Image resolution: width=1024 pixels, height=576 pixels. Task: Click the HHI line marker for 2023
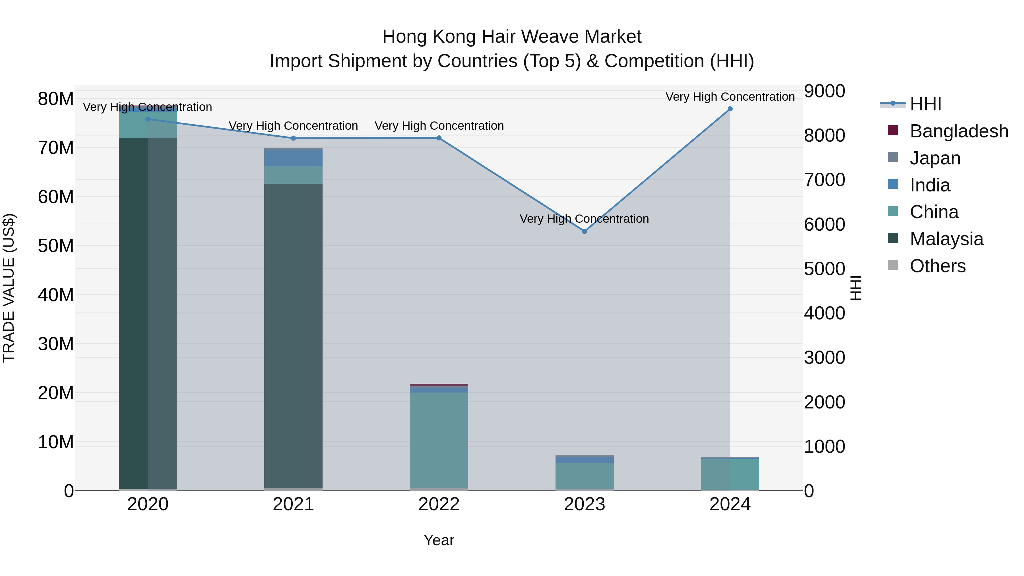(584, 231)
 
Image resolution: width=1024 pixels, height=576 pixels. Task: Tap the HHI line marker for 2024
(730, 109)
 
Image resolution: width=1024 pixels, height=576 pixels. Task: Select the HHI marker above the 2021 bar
(293, 138)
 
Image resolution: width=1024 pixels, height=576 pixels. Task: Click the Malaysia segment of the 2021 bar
(293, 334)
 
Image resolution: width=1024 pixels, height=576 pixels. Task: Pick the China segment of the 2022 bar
(439, 439)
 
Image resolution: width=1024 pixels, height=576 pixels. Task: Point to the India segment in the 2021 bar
(293, 158)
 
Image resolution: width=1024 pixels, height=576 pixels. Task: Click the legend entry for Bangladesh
(959, 131)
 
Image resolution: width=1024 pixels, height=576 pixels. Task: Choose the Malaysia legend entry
(946, 239)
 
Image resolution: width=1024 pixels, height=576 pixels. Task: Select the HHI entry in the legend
(925, 104)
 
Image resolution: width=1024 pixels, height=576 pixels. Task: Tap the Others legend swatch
(893, 265)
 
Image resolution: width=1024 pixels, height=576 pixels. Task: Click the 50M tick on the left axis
(56, 246)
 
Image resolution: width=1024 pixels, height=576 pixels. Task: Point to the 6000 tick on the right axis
(824, 224)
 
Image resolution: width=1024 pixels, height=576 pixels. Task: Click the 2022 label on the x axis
(439, 504)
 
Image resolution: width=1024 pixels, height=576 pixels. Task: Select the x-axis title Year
(439, 540)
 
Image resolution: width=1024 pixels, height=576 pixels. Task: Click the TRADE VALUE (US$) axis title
(9, 288)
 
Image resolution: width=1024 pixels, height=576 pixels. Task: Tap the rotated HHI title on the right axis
(855, 288)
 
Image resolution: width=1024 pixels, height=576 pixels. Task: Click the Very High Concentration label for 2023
(584, 219)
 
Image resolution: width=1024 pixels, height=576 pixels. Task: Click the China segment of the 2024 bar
(730, 474)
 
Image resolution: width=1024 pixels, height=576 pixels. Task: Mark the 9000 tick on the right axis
(824, 91)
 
